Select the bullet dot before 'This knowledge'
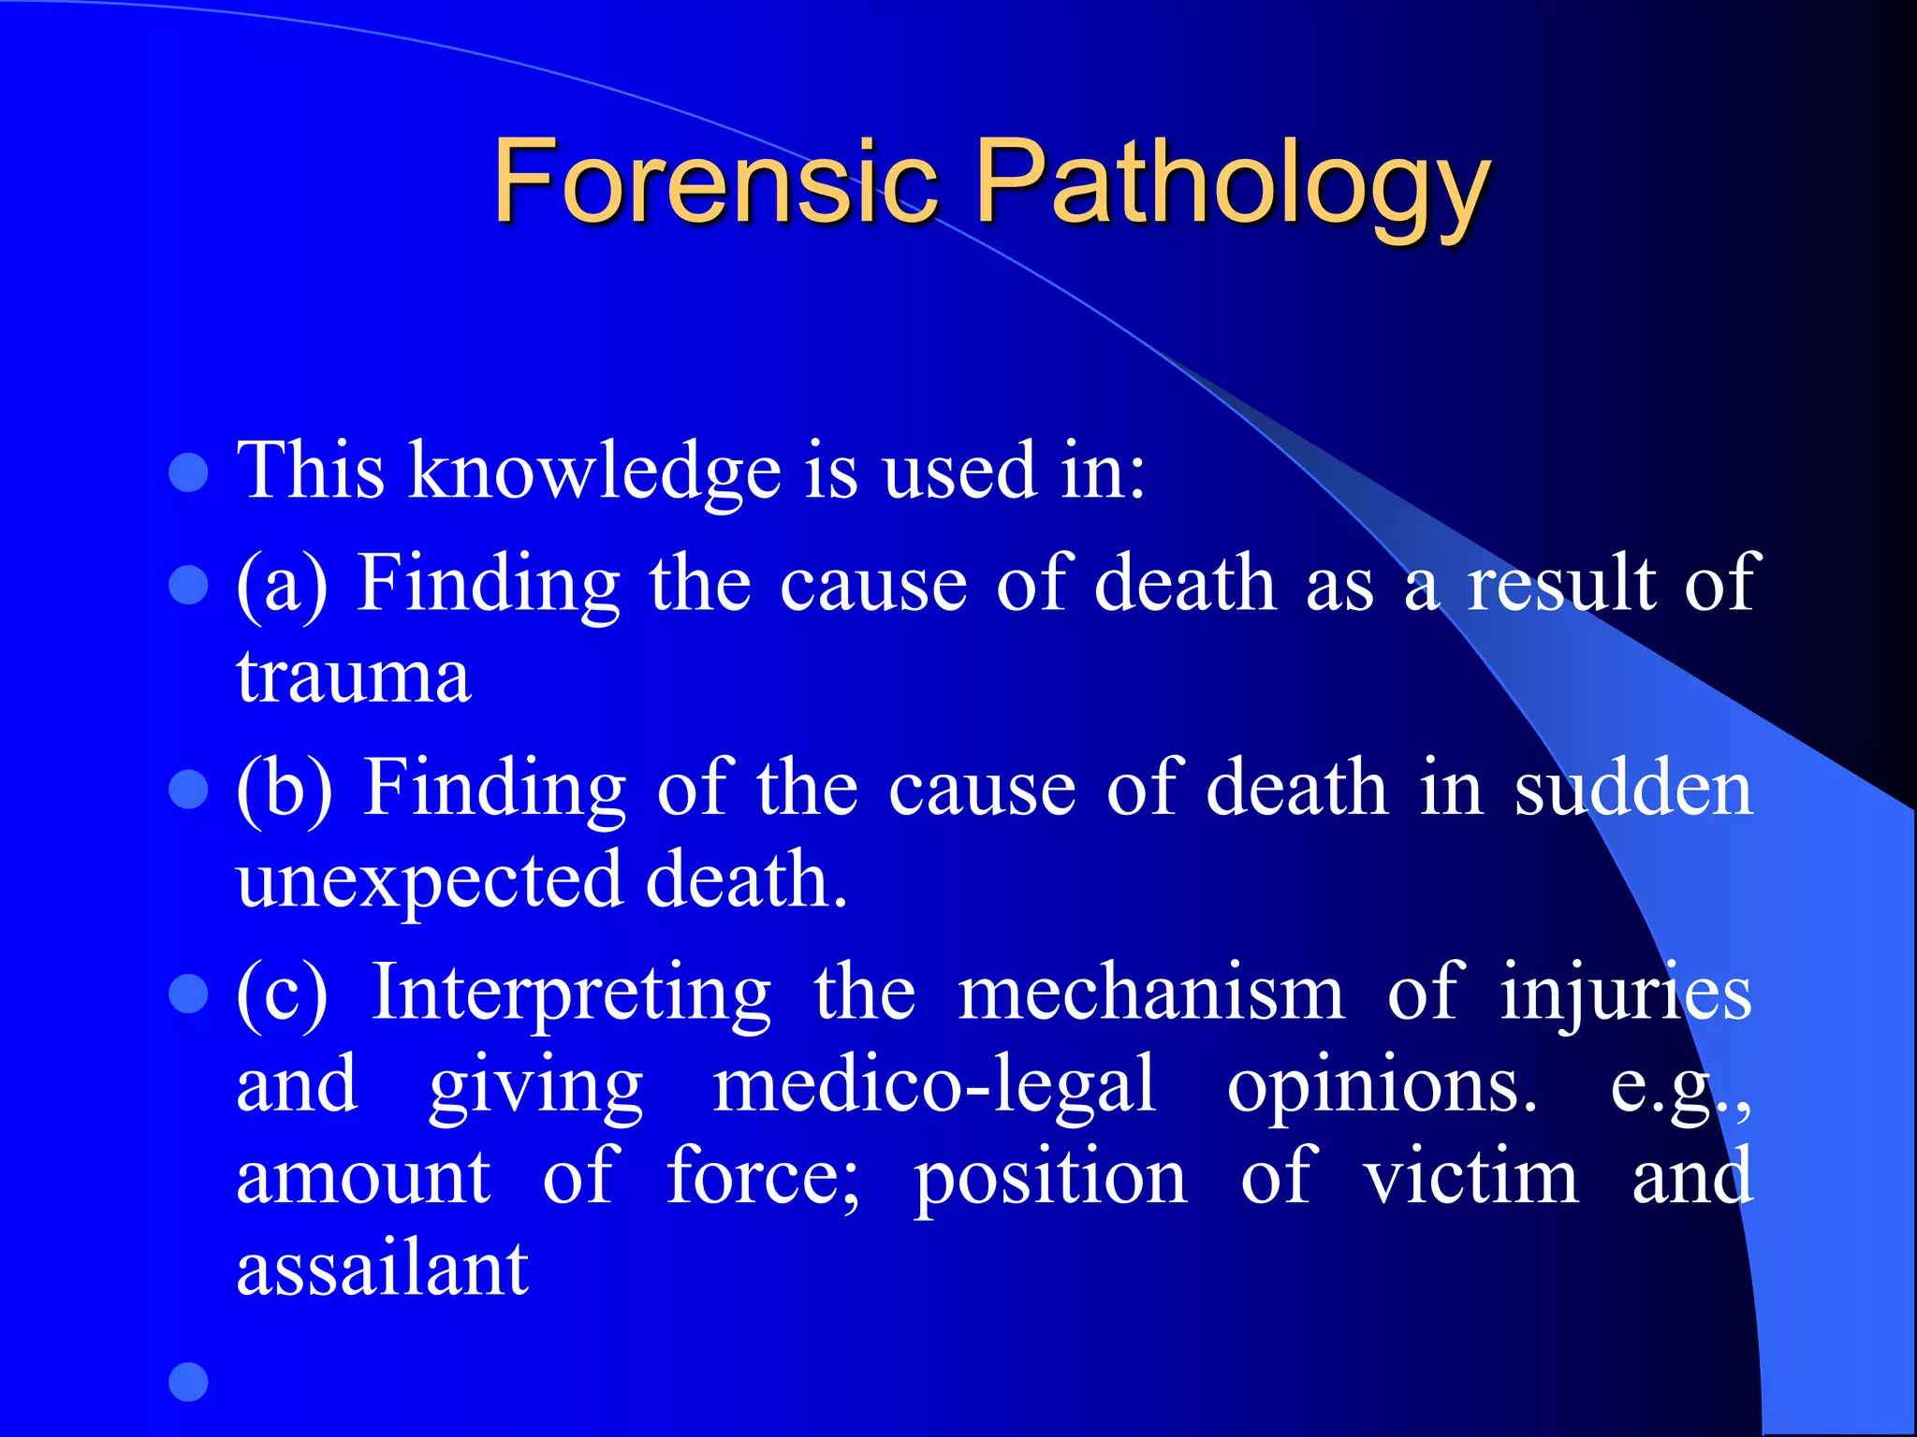(x=188, y=472)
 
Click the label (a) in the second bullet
(x=282, y=585)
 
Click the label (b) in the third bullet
(x=284, y=789)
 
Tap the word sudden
(x=1633, y=789)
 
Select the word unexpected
(x=430, y=881)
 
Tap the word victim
(x=1471, y=1177)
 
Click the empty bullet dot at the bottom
(x=188, y=1382)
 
